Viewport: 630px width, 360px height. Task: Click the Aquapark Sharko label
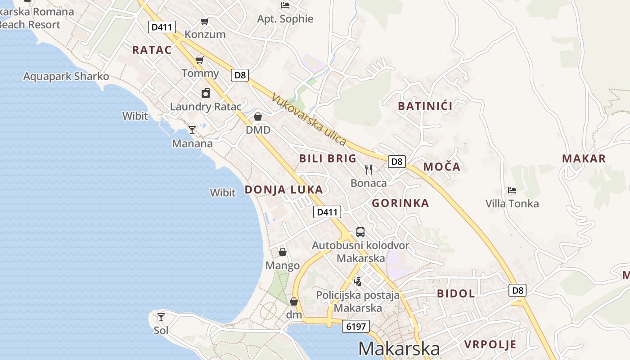pyautogui.click(x=66, y=76)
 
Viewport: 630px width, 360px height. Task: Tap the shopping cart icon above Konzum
pyautogui.click(x=205, y=21)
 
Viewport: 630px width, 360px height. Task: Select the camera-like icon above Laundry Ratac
pyautogui.click(x=206, y=93)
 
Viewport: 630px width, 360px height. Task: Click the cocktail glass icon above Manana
pyautogui.click(x=192, y=130)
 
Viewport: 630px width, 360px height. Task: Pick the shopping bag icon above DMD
pyautogui.click(x=258, y=117)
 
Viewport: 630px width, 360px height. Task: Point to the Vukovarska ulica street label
pyautogui.click(x=309, y=119)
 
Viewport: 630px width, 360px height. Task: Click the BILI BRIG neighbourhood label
pyautogui.click(x=328, y=158)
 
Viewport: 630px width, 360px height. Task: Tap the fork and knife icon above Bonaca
pyautogui.click(x=369, y=170)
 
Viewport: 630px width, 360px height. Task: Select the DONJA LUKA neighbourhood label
pyautogui.click(x=283, y=190)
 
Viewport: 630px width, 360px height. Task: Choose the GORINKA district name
pyautogui.click(x=400, y=203)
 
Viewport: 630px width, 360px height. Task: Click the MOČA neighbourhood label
pyautogui.click(x=442, y=167)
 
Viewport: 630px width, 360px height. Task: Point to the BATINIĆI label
pyautogui.click(x=425, y=106)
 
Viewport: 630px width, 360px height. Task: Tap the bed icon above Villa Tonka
pyautogui.click(x=512, y=190)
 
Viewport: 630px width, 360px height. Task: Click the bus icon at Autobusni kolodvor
pyautogui.click(x=360, y=232)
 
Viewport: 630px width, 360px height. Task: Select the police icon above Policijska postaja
pyautogui.click(x=358, y=282)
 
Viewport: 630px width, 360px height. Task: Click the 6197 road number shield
pyautogui.click(x=355, y=326)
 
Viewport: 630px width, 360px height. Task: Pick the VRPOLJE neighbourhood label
pyautogui.click(x=490, y=345)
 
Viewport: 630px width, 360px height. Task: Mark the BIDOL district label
pyautogui.click(x=456, y=294)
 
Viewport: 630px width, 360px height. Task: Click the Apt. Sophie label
pyautogui.click(x=285, y=19)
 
